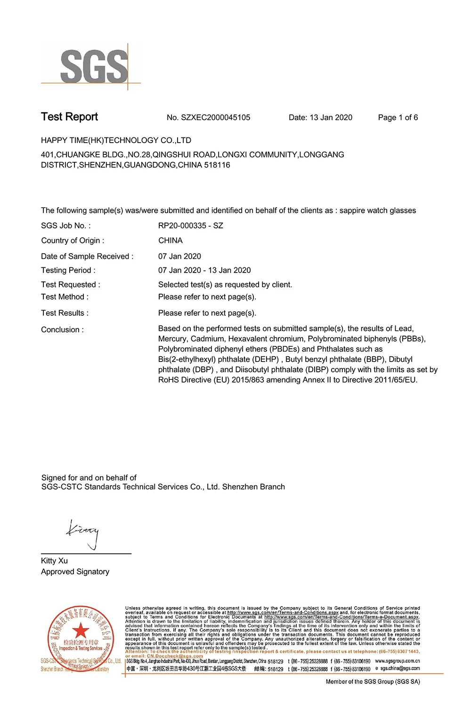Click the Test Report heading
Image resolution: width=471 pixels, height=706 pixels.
pos(69,117)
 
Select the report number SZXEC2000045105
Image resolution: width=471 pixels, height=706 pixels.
pos(215,118)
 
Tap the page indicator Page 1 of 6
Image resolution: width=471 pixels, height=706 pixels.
pos(398,118)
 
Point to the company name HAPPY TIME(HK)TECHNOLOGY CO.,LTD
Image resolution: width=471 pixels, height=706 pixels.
pos(116,140)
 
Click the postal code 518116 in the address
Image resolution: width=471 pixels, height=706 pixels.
pos(217,165)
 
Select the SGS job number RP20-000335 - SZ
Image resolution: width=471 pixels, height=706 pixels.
pos(190,226)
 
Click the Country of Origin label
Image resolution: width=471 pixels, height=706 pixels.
pos(73,241)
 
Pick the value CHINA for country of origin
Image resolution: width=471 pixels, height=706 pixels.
pos(170,241)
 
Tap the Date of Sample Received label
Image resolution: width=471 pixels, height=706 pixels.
pos(87,257)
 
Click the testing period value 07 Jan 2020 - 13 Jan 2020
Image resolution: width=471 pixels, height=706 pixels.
pos(204,270)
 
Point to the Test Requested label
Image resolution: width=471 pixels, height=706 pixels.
pos(70,285)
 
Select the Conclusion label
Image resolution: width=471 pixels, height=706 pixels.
pos(62,330)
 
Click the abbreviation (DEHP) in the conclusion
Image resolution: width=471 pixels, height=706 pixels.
pos(267,360)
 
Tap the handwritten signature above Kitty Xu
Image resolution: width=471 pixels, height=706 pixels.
pos(84,533)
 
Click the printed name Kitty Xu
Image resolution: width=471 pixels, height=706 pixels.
pos(54,561)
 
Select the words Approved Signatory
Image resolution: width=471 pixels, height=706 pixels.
pos(75,572)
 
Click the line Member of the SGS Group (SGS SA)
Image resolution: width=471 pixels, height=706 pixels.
pos(373,682)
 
